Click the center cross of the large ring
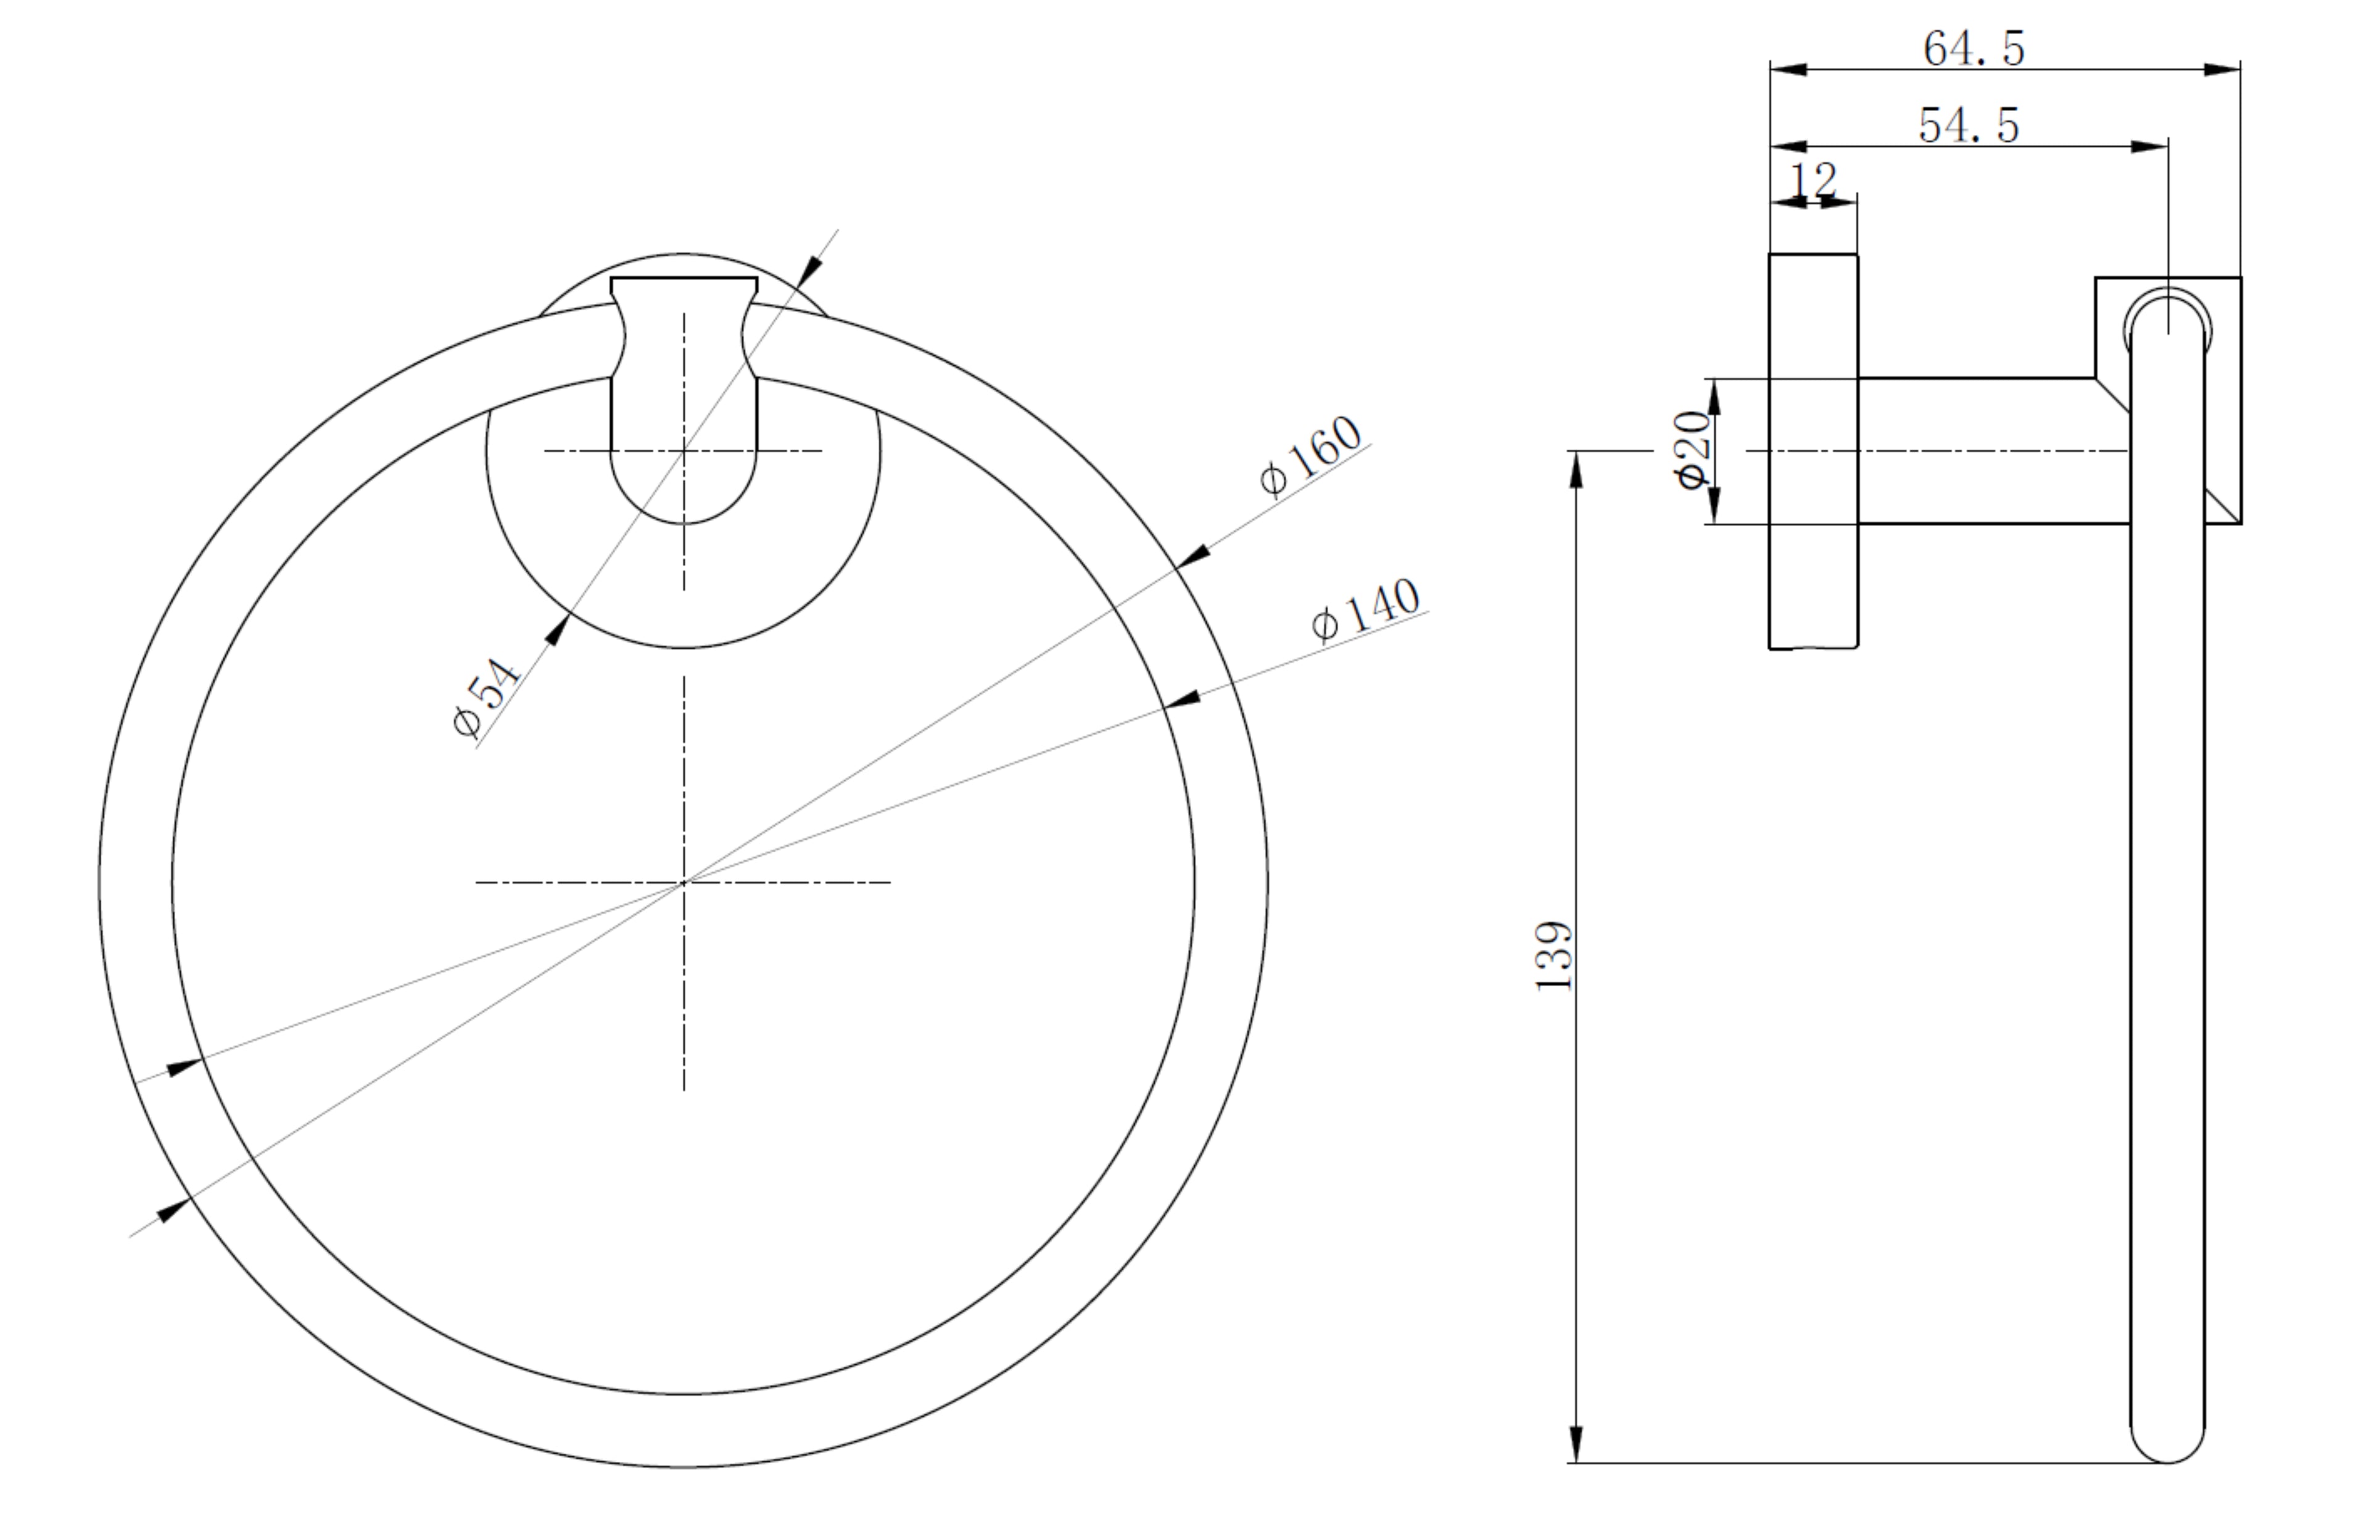(684, 882)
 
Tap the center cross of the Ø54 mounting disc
(684, 451)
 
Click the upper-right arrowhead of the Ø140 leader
(1181, 699)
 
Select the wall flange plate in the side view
(1813, 451)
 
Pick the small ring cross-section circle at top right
(2167, 321)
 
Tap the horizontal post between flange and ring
(1989, 451)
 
